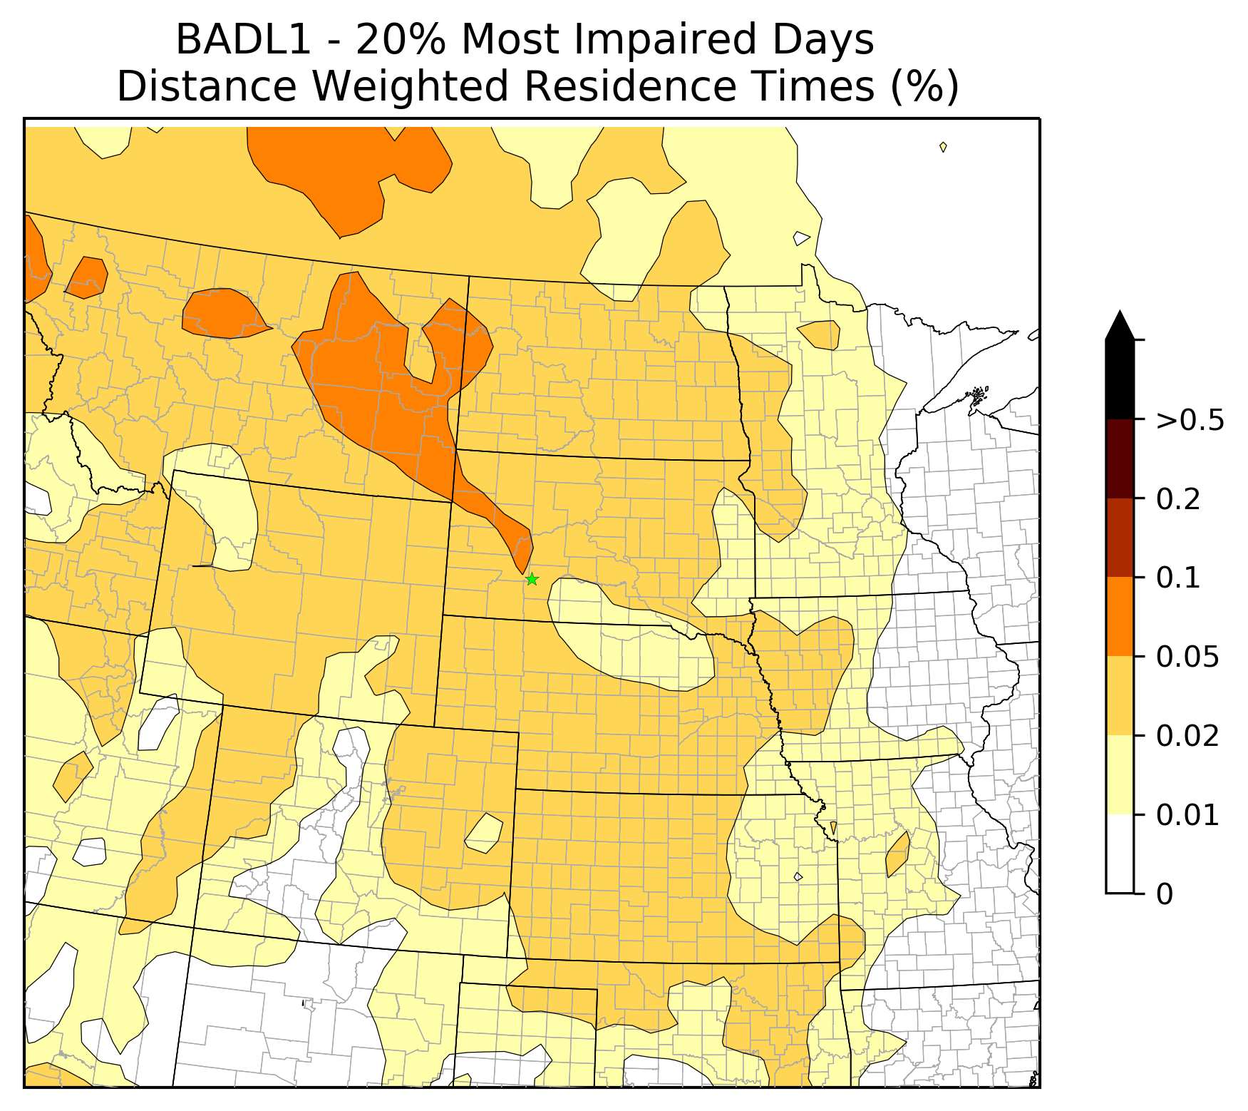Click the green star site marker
point(532,579)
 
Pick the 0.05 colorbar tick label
point(1187,657)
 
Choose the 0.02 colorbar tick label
point(1187,735)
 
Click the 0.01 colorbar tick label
point(1187,814)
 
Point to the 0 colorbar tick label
point(1164,894)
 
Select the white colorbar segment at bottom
point(1120,854)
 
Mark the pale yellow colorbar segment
point(1120,774)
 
